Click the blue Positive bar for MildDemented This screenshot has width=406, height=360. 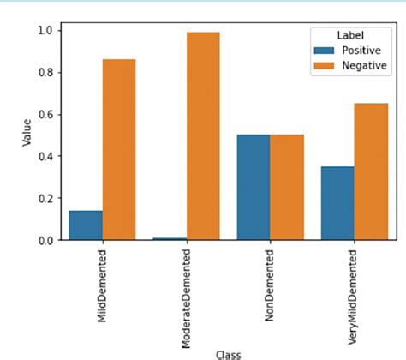[86, 225]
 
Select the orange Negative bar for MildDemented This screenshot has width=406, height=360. [119, 150]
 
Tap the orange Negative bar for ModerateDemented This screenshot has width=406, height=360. [203, 136]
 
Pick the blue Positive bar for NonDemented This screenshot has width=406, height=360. [254, 188]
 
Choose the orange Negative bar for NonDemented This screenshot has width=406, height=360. [287, 188]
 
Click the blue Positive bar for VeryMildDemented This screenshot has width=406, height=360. [337, 203]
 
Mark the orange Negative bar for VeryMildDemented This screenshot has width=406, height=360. [371, 171]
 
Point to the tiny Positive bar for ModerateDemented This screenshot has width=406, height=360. [170, 238]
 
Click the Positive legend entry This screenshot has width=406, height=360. [347, 50]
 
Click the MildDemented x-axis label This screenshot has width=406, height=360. [103, 282]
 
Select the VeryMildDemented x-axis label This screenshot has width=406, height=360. [355, 291]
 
